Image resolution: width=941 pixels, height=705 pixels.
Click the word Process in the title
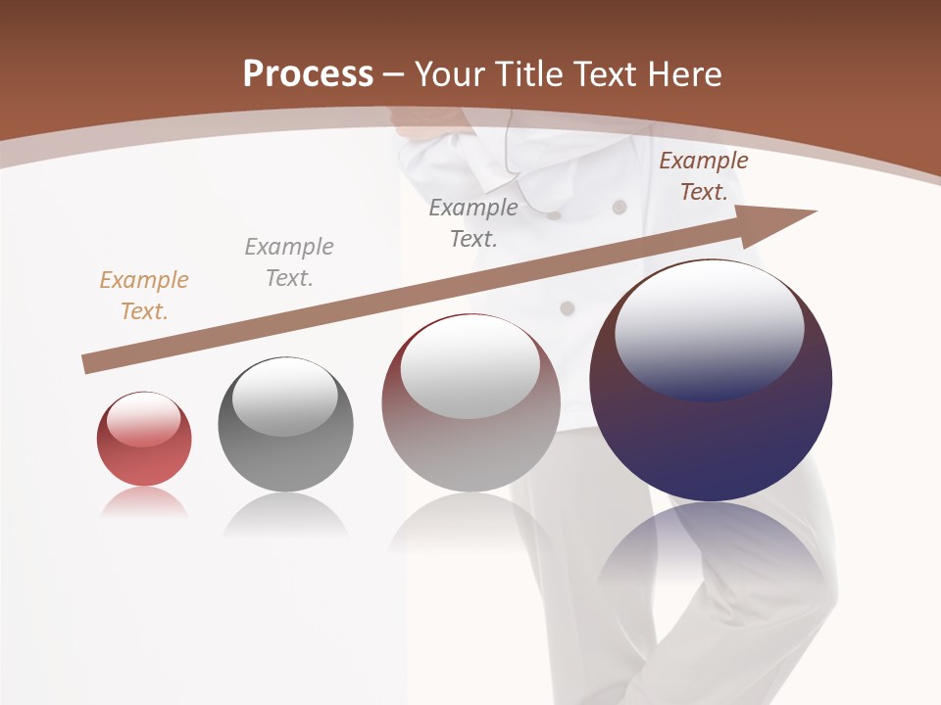coord(308,73)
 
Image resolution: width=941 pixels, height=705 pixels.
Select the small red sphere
coord(144,440)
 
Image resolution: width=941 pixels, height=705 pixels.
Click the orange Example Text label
coord(144,296)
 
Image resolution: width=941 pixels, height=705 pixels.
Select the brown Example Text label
coord(703,176)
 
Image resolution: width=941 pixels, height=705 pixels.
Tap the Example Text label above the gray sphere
coord(289,262)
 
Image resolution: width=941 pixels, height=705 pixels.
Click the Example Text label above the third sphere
coord(473,223)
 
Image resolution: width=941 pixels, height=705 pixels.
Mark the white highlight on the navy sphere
coord(709,328)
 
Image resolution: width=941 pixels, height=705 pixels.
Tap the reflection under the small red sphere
coord(143,503)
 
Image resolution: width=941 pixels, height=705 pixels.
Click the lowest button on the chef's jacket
coord(567,308)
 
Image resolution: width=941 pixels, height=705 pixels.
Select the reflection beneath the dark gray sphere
coord(285,514)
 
